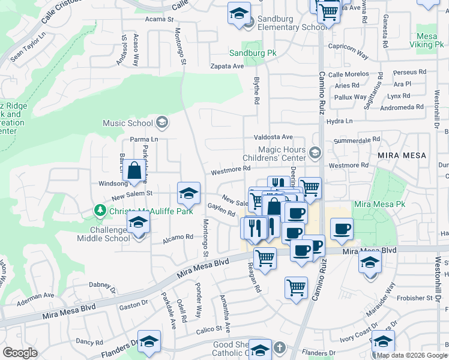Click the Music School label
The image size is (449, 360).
128,123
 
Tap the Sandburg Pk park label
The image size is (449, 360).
252,53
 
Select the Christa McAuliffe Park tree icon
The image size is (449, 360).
100,211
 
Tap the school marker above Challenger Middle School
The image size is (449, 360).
139,223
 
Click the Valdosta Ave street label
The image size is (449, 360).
273,137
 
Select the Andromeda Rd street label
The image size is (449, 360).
402,107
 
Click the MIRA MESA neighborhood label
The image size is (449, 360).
402,155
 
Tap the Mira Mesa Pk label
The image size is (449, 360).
379,205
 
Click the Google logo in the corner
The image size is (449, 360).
20,352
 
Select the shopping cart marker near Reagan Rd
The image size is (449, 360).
265,259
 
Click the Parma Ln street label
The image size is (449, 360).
143,139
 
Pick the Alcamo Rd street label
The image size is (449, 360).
180,236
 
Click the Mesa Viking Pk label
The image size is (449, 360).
427,40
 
